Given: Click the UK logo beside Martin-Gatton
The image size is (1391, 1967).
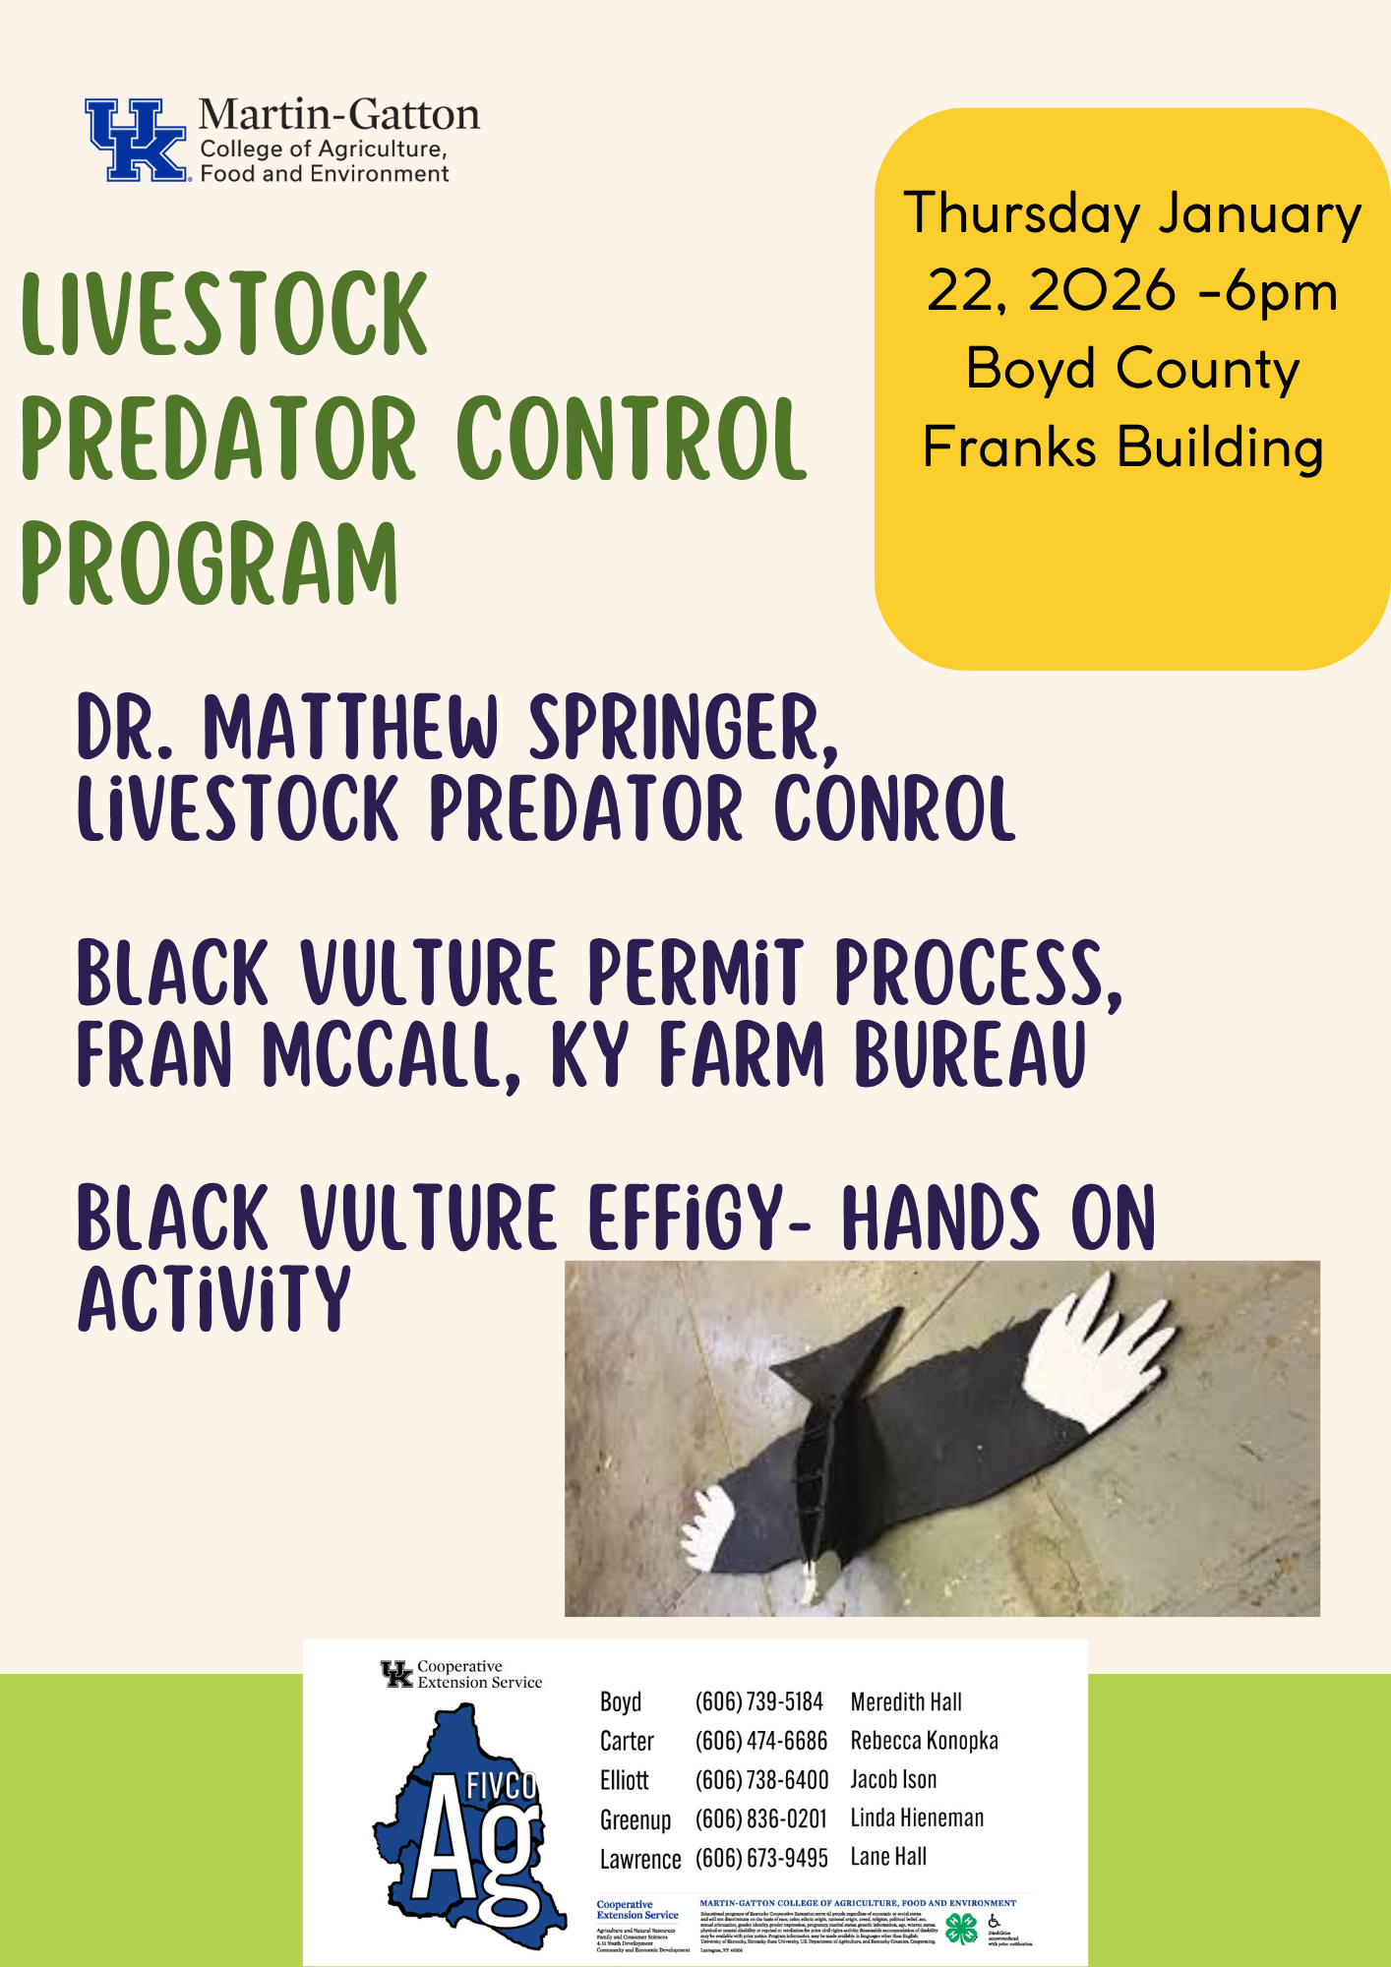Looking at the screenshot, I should tap(136, 140).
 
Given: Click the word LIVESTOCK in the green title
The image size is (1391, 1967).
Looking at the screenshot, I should tap(224, 314).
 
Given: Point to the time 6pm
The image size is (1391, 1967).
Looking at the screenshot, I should tap(1282, 292).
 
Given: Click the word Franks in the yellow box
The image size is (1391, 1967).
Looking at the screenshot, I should tap(1008, 447).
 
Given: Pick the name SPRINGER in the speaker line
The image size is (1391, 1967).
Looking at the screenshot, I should tap(683, 728).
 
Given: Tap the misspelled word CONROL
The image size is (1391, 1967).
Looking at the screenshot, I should tap(894, 808).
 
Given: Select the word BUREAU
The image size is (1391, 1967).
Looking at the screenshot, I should tap(970, 1056).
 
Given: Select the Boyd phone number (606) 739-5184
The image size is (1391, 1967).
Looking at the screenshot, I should tap(758, 1702).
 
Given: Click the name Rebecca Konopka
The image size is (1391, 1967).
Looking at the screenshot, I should tap(924, 1741).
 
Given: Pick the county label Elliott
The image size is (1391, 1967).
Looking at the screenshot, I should tap(625, 1780).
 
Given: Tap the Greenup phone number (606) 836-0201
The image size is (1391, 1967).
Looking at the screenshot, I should tap(760, 1819).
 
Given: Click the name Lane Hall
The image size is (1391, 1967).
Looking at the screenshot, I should tap(888, 1857).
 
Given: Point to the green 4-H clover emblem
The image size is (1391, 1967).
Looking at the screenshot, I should tap(961, 1929).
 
